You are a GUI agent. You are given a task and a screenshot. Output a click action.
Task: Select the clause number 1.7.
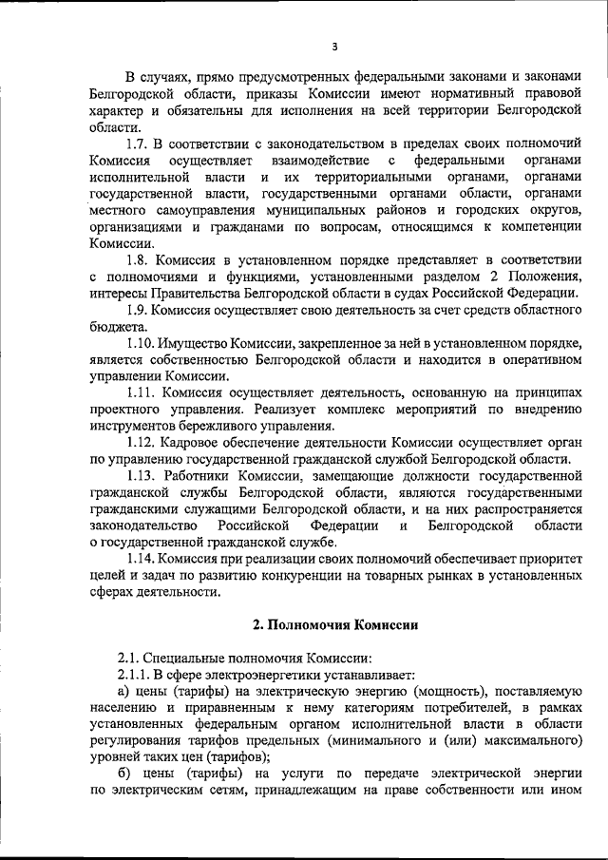141,143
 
